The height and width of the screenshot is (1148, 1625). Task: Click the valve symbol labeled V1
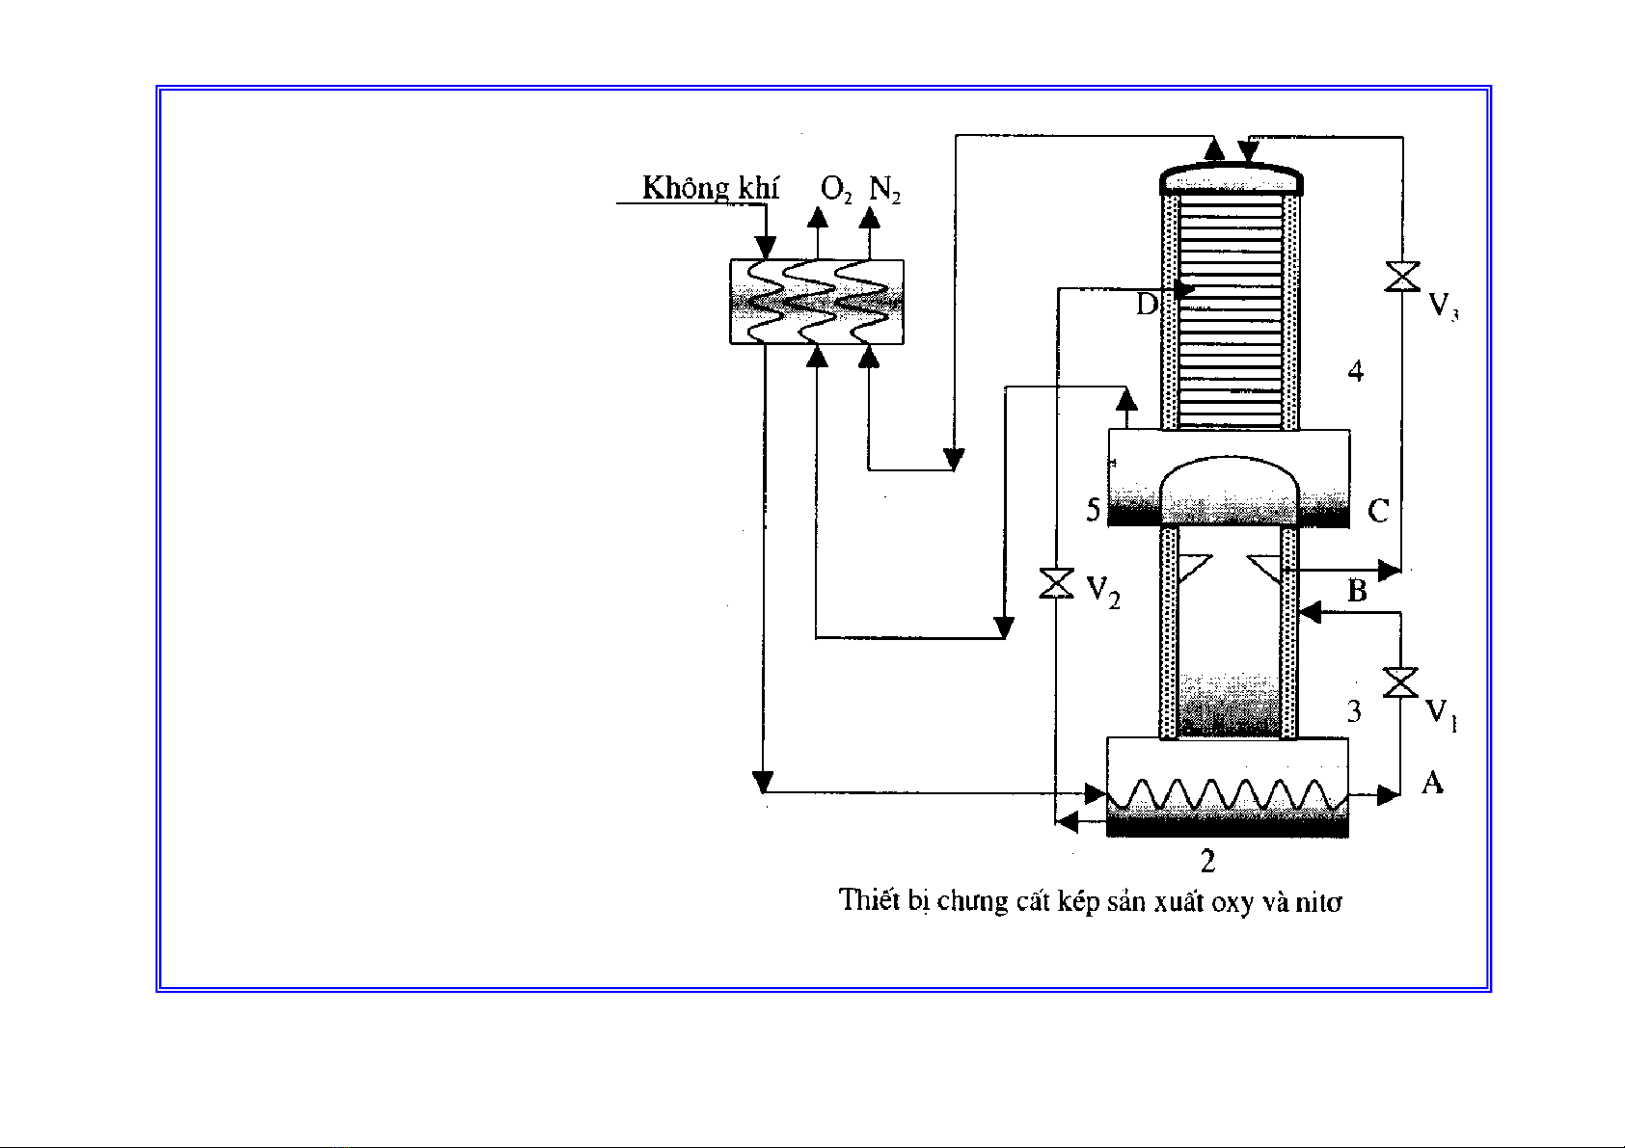(x=1399, y=681)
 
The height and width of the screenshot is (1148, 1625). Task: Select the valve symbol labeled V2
(x=1057, y=584)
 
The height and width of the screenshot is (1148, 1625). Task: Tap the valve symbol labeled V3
(x=1401, y=277)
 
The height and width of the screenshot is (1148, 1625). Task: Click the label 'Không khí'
(x=710, y=188)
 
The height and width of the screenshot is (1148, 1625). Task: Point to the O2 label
(x=835, y=189)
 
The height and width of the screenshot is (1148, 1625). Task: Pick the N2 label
(x=884, y=189)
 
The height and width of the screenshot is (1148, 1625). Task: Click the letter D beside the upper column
(x=1146, y=305)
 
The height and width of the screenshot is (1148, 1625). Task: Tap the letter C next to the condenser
(x=1378, y=510)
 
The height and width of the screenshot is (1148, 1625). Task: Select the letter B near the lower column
(x=1357, y=590)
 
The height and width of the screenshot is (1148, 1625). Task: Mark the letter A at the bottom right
(x=1432, y=783)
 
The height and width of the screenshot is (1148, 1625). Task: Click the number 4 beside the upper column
(x=1356, y=371)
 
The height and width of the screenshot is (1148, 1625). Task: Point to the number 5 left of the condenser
(x=1093, y=510)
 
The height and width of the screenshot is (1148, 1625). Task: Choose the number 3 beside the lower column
(x=1354, y=711)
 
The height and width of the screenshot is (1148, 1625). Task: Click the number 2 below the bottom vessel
(x=1207, y=860)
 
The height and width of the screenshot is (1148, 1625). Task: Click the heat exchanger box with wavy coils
(x=817, y=301)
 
